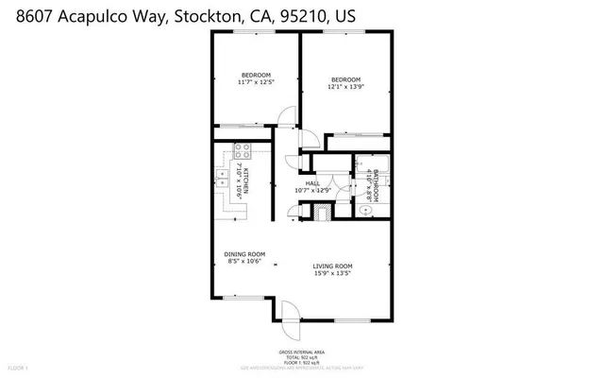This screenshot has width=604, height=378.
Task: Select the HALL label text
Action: [312, 184]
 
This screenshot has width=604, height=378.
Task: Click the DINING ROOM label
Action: [243, 254]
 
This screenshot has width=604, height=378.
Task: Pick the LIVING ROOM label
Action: [332, 266]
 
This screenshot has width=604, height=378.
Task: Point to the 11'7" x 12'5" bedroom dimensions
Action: [256, 83]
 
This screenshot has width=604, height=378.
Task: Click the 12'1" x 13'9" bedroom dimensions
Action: [345, 88]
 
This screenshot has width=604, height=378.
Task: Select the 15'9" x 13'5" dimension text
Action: [332, 275]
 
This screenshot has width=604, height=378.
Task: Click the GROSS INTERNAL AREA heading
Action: [301, 351]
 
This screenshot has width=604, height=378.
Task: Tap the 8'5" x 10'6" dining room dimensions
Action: [243, 263]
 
